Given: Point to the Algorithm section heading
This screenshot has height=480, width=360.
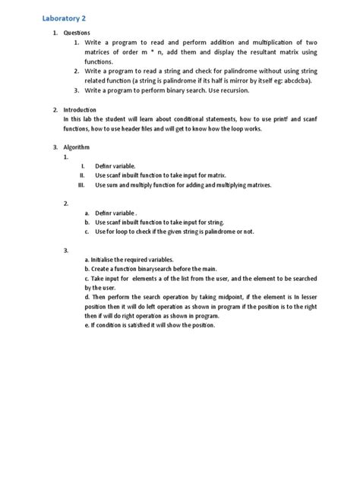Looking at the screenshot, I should pos(78,147).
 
